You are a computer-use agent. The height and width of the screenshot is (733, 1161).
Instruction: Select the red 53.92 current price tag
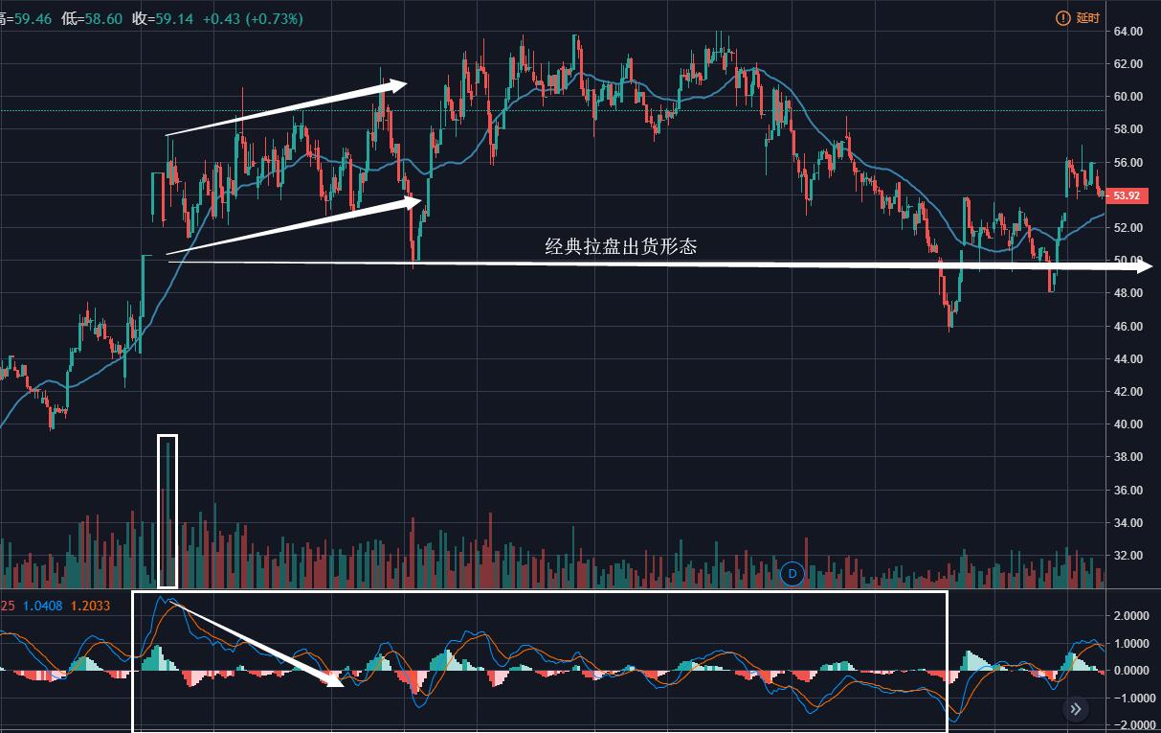tap(1124, 195)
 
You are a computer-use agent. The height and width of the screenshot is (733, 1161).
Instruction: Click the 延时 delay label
tap(1088, 18)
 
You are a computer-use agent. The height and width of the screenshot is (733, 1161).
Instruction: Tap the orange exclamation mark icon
tap(1062, 18)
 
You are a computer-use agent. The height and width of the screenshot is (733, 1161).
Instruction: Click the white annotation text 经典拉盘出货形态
tap(621, 246)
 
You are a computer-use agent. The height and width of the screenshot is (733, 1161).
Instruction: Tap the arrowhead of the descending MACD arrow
tap(336, 682)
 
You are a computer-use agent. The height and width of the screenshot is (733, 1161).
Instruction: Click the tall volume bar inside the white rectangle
tap(167, 513)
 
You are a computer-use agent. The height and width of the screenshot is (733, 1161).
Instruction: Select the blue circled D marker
tap(792, 574)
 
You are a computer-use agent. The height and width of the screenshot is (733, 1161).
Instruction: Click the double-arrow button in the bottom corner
tap(1076, 709)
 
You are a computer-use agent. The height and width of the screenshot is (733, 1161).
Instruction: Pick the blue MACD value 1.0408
tap(42, 606)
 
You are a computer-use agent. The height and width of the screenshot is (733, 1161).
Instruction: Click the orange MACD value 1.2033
tap(91, 606)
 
